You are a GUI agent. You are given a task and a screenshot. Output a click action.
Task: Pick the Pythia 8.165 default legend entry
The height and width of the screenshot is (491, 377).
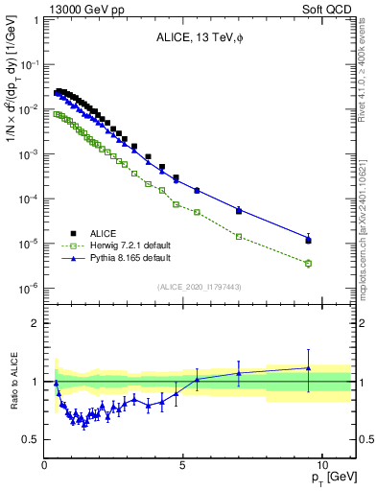(130, 259)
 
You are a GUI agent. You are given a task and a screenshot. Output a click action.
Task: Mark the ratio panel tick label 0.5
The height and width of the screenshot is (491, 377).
(31, 439)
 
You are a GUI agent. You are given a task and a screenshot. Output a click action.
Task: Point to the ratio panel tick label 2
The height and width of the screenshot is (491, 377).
(35, 323)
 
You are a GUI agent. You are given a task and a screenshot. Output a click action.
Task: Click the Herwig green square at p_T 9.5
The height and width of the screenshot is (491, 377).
(308, 263)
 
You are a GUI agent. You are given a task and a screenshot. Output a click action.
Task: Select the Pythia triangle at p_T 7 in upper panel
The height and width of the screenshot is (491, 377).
(239, 209)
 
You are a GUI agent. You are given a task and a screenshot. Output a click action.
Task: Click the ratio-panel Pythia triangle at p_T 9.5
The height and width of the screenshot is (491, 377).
(308, 367)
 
